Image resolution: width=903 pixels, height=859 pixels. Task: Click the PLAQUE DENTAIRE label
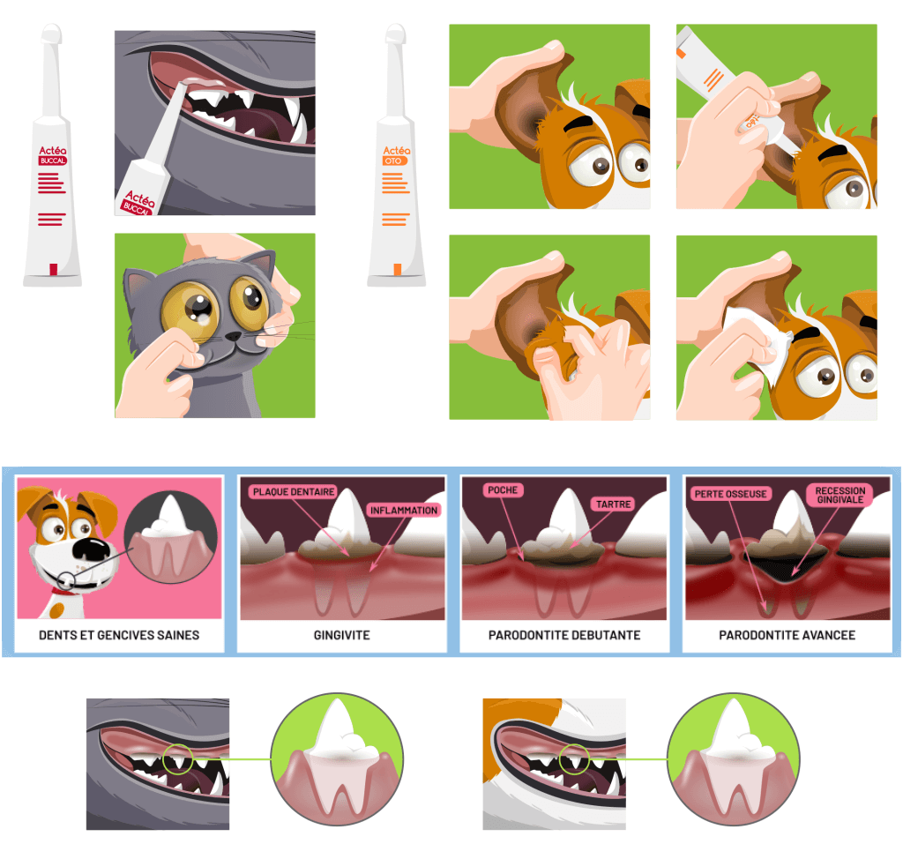[294, 491]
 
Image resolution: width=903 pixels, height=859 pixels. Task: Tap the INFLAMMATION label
[404, 510]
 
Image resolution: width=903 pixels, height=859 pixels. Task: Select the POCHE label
[503, 489]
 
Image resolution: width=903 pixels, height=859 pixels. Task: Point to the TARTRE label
[614, 504]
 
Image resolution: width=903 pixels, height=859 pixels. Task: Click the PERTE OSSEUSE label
[730, 494]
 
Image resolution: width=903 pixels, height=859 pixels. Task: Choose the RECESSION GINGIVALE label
[840, 495]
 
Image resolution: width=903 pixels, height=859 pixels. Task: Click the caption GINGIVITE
[341, 635]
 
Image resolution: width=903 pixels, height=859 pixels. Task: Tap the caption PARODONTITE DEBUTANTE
[564, 635]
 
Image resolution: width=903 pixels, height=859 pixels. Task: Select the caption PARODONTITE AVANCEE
[787, 635]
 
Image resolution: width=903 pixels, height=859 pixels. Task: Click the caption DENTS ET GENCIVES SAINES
[119, 635]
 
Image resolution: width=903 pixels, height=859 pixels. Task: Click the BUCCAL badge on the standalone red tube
[52, 161]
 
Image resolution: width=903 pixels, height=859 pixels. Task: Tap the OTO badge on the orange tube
[394, 161]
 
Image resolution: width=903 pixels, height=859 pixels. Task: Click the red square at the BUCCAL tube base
[54, 269]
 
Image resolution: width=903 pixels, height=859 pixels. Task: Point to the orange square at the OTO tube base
[398, 269]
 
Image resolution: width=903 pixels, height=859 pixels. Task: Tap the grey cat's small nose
[233, 335]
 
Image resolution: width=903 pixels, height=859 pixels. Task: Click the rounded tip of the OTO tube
[396, 32]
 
